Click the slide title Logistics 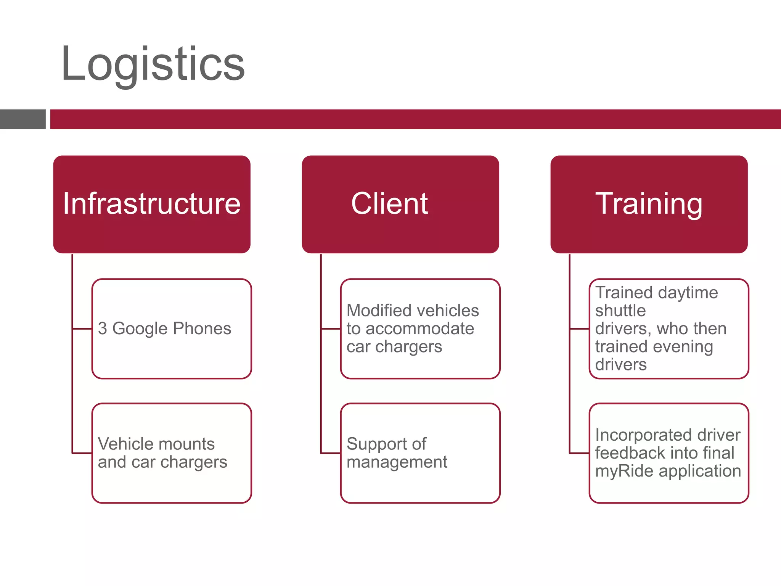(153, 64)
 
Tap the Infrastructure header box (152, 204)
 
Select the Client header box (400, 204)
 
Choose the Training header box (649, 204)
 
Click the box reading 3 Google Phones (172, 328)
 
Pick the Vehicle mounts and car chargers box (172, 453)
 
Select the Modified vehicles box (420, 328)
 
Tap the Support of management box (420, 453)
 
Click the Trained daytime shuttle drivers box (669, 328)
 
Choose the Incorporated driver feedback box (669, 453)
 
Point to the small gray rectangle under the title (22, 119)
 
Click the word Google (140, 329)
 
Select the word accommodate (420, 329)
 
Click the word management (397, 462)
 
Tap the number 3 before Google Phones (102, 329)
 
